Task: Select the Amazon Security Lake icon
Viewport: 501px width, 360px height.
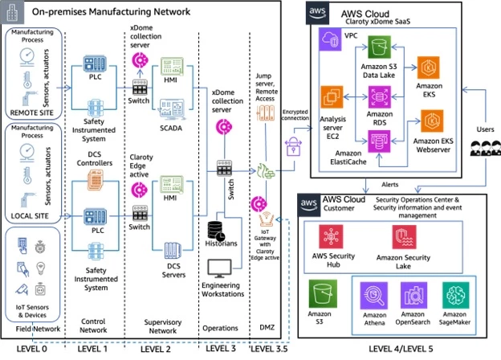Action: (x=402, y=238)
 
